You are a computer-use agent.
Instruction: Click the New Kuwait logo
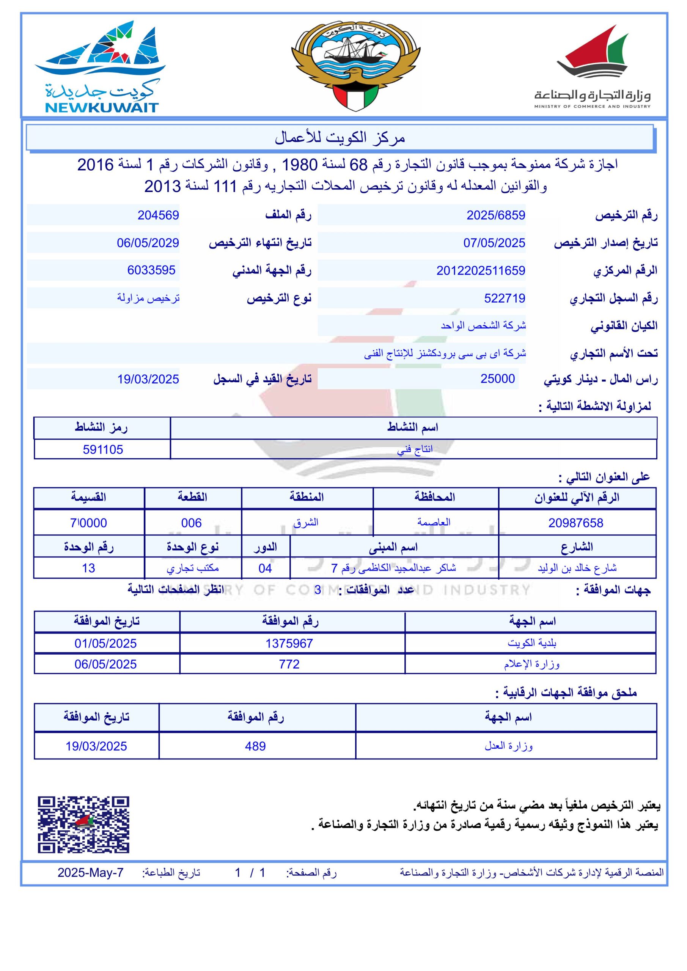coord(101,67)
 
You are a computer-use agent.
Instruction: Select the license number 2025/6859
coord(496,215)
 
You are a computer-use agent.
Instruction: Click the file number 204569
coord(158,215)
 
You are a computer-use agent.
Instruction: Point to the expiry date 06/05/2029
coord(148,243)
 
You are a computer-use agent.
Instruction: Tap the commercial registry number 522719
coord(504,299)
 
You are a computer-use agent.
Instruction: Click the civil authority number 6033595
coord(151,270)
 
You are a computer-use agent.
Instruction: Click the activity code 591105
coord(103,449)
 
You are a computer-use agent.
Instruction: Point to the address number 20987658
coord(576,523)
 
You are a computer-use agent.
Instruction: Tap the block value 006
coord(191,523)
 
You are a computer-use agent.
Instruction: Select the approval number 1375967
coord(289,644)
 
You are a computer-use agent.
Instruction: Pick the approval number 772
coord(289,665)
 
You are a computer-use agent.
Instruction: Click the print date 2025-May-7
coord(91,873)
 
